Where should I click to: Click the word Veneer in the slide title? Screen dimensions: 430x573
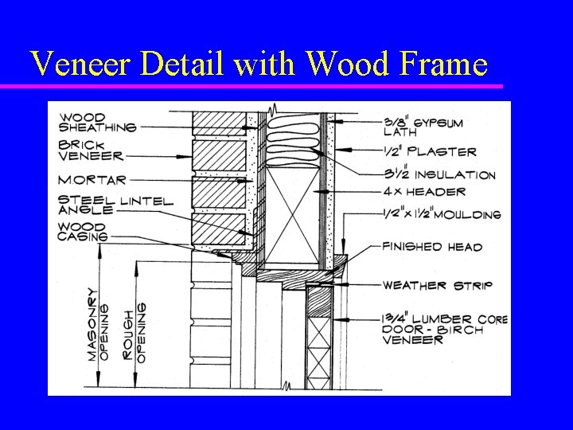click(x=76, y=63)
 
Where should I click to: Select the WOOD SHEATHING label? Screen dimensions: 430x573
click(x=98, y=122)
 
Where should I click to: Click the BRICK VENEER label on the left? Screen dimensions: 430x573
click(x=90, y=151)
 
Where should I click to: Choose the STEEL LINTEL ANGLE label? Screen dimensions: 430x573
click(x=115, y=204)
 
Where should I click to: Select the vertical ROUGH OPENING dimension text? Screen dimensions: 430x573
click(x=136, y=331)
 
